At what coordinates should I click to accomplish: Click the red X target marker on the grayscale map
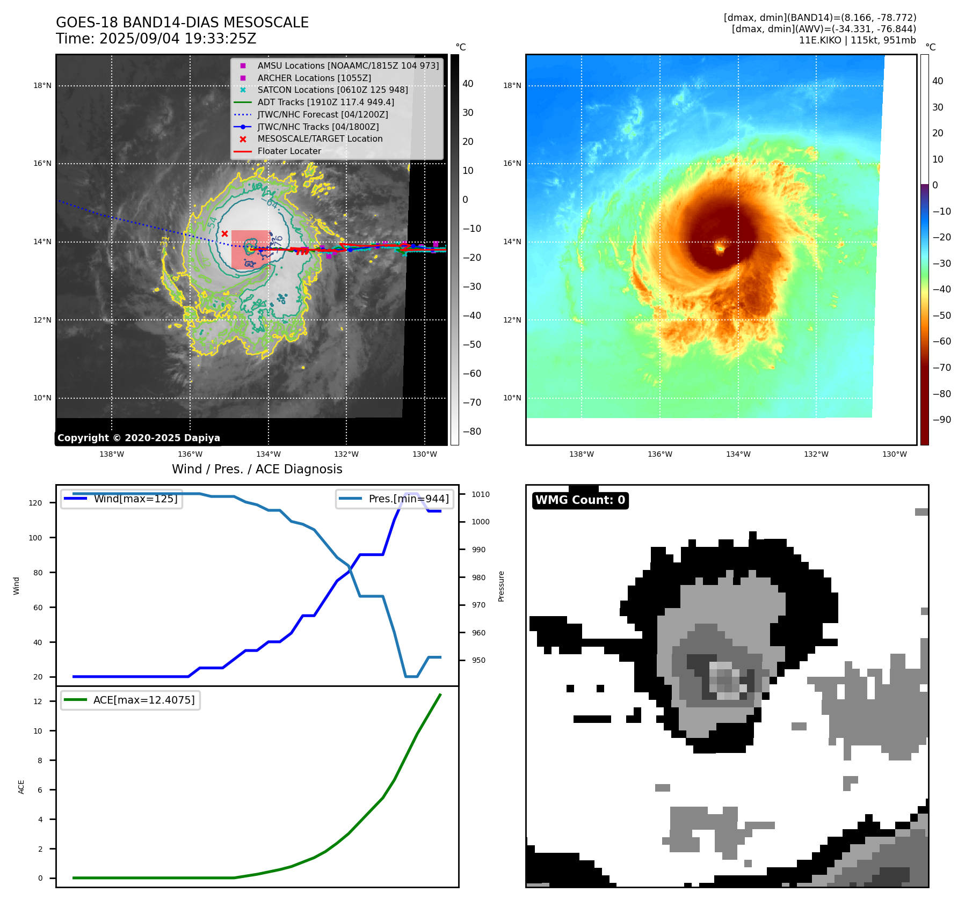[x=224, y=233]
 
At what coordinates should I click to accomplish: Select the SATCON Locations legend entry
[x=332, y=90]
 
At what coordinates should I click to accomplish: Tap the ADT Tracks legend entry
[x=325, y=102]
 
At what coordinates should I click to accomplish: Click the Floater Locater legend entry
[x=289, y=151]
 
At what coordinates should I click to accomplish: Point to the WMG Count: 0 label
[x=580, y=500]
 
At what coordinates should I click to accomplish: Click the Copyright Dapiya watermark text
[x=139, y=438]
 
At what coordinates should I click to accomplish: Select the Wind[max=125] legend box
[x=122, y=499]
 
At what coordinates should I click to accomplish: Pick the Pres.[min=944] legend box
[x=395, y=499]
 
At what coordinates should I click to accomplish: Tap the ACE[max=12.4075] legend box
[x=130, y=700]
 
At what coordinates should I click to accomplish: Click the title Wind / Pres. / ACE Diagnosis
[x=257, y=469]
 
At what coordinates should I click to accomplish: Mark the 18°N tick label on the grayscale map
[x=42, y=85]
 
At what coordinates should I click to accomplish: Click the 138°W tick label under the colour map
[x=582, y=454]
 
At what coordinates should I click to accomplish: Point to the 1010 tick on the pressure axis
[x=481, y=494]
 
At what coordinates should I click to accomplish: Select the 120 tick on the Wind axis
[x=35, y=503]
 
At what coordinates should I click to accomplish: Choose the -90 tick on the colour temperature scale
[x=941, y=420]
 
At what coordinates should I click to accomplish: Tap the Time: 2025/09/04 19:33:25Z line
[x=156, y=39]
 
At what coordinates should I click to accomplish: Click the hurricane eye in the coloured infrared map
[x=720, y=248]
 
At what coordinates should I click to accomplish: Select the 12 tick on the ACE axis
[x=38, y=701]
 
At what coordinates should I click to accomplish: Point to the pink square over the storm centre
[x=250, y=250]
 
